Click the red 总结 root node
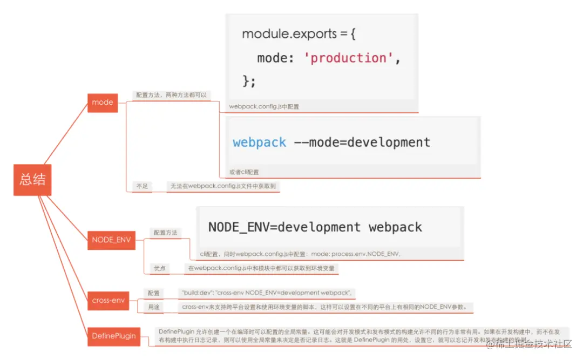[32, 180]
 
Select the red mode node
[103, 103]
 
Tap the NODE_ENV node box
[111, 240]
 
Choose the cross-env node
[108, 301]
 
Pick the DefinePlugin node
[113, 336]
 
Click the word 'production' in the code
[349, 58]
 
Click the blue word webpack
[259, 142]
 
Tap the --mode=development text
[362, 142]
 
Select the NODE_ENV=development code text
[284, 227]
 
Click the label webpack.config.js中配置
[264, 107]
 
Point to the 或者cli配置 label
[244, 172]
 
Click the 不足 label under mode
[142, 186]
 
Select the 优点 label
[160, 268]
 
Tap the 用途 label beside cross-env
[154, 307]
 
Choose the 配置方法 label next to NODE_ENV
[165, 233]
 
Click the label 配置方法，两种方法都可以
[171, 95]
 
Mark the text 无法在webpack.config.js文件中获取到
[223, 186]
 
